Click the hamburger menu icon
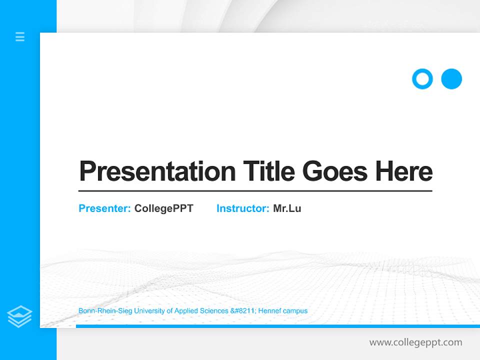click(x=20, y=36)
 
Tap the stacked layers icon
click(x=19, y=316)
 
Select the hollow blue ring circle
click(x=422, y=79)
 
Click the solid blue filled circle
click(x=451, y=79)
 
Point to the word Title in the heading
click(x=269, y=171)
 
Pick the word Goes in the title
click(x=335, y=171)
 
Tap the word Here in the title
click(x=404, y=171)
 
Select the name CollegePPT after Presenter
click(x=163, y=208)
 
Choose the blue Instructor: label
click(x=243, y=208)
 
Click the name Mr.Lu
click(x=287, y=208)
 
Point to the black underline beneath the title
click(x=255, y=190)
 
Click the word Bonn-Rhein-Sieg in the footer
click(x=101, y=311)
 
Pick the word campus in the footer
click(x=295, y=311)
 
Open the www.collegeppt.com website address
click(x=415, y=342)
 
